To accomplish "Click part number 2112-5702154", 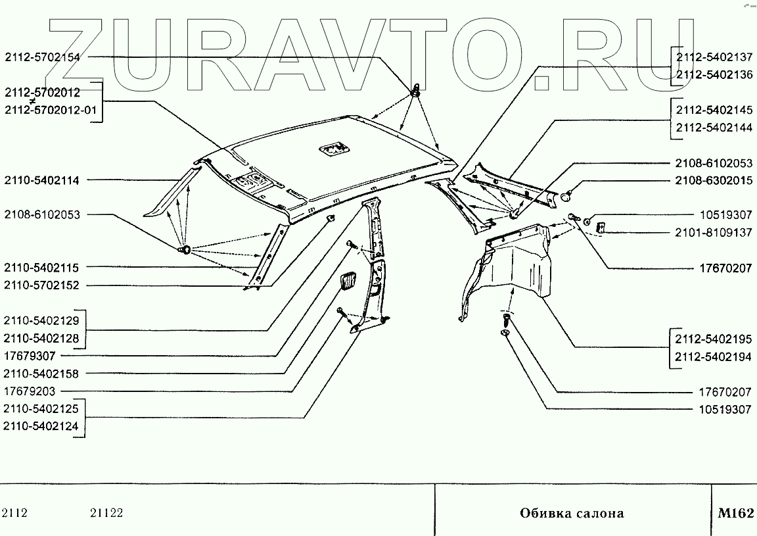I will [42, 57].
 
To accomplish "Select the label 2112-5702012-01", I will [50, 110].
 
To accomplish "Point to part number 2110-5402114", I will [42, 180].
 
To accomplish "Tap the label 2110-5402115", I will [42, 268].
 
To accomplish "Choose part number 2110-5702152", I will [42, 285].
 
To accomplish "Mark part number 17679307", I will [30, 356].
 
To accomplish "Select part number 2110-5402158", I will [42, 374].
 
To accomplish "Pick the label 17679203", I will [30, 391].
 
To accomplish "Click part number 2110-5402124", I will [42, 426].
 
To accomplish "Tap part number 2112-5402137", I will [714, 57].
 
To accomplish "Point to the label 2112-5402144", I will [714, 128].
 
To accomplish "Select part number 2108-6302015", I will [714, 180].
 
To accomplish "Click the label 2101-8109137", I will [714, 232].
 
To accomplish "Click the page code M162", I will [735, 513].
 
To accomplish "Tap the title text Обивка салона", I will [572, 513].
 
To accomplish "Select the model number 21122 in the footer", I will [106, 513].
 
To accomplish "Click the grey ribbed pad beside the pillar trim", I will [348, 282].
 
